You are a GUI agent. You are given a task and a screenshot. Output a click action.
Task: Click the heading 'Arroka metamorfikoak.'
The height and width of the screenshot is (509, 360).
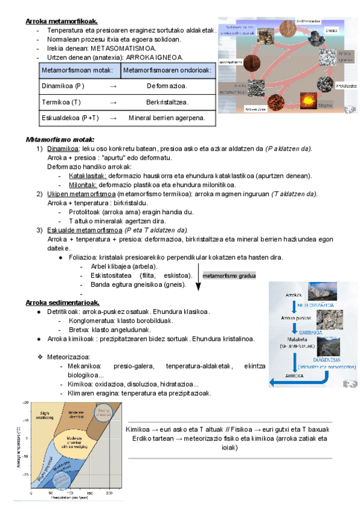point(62,22)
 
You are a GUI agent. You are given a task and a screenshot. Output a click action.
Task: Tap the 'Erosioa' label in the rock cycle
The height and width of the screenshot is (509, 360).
point(331,30)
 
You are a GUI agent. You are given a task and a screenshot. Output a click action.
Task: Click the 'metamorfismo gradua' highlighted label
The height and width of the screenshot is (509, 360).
point(229,276)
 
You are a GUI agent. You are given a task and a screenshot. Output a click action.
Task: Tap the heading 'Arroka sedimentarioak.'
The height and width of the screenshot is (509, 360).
point(62,302)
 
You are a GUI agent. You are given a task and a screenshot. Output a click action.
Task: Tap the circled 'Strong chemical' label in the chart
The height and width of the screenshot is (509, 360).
point(104,412)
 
